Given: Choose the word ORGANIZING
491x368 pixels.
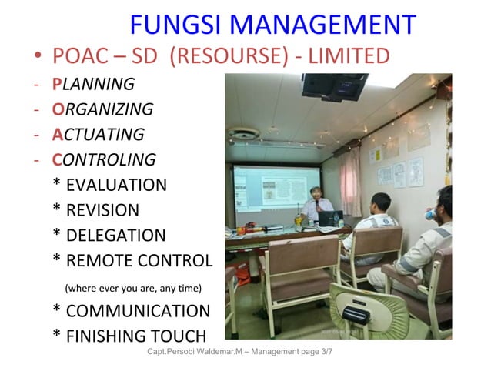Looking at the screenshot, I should (102, 109).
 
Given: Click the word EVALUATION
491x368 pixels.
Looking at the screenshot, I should (116, 185).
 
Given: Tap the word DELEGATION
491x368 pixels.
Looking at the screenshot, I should (115, 236).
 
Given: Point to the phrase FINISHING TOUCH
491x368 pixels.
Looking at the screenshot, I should (136, 336).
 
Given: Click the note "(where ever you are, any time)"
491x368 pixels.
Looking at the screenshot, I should (133, 289).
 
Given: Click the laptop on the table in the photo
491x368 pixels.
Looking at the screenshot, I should (330, 218).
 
